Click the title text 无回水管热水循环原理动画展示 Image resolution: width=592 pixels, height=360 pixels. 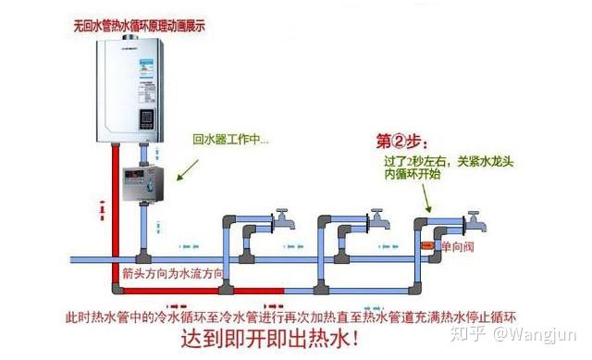click(139, 26)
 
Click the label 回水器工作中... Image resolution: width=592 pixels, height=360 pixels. click(230, 141)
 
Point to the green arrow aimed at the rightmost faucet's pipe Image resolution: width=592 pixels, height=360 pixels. click(426, 195)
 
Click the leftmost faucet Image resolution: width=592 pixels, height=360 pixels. click(280, 220)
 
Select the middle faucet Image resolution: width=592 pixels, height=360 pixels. click(378, 219)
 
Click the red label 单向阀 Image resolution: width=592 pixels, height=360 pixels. click(458, 246)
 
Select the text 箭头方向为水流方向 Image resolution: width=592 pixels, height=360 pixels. click(172, 273)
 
